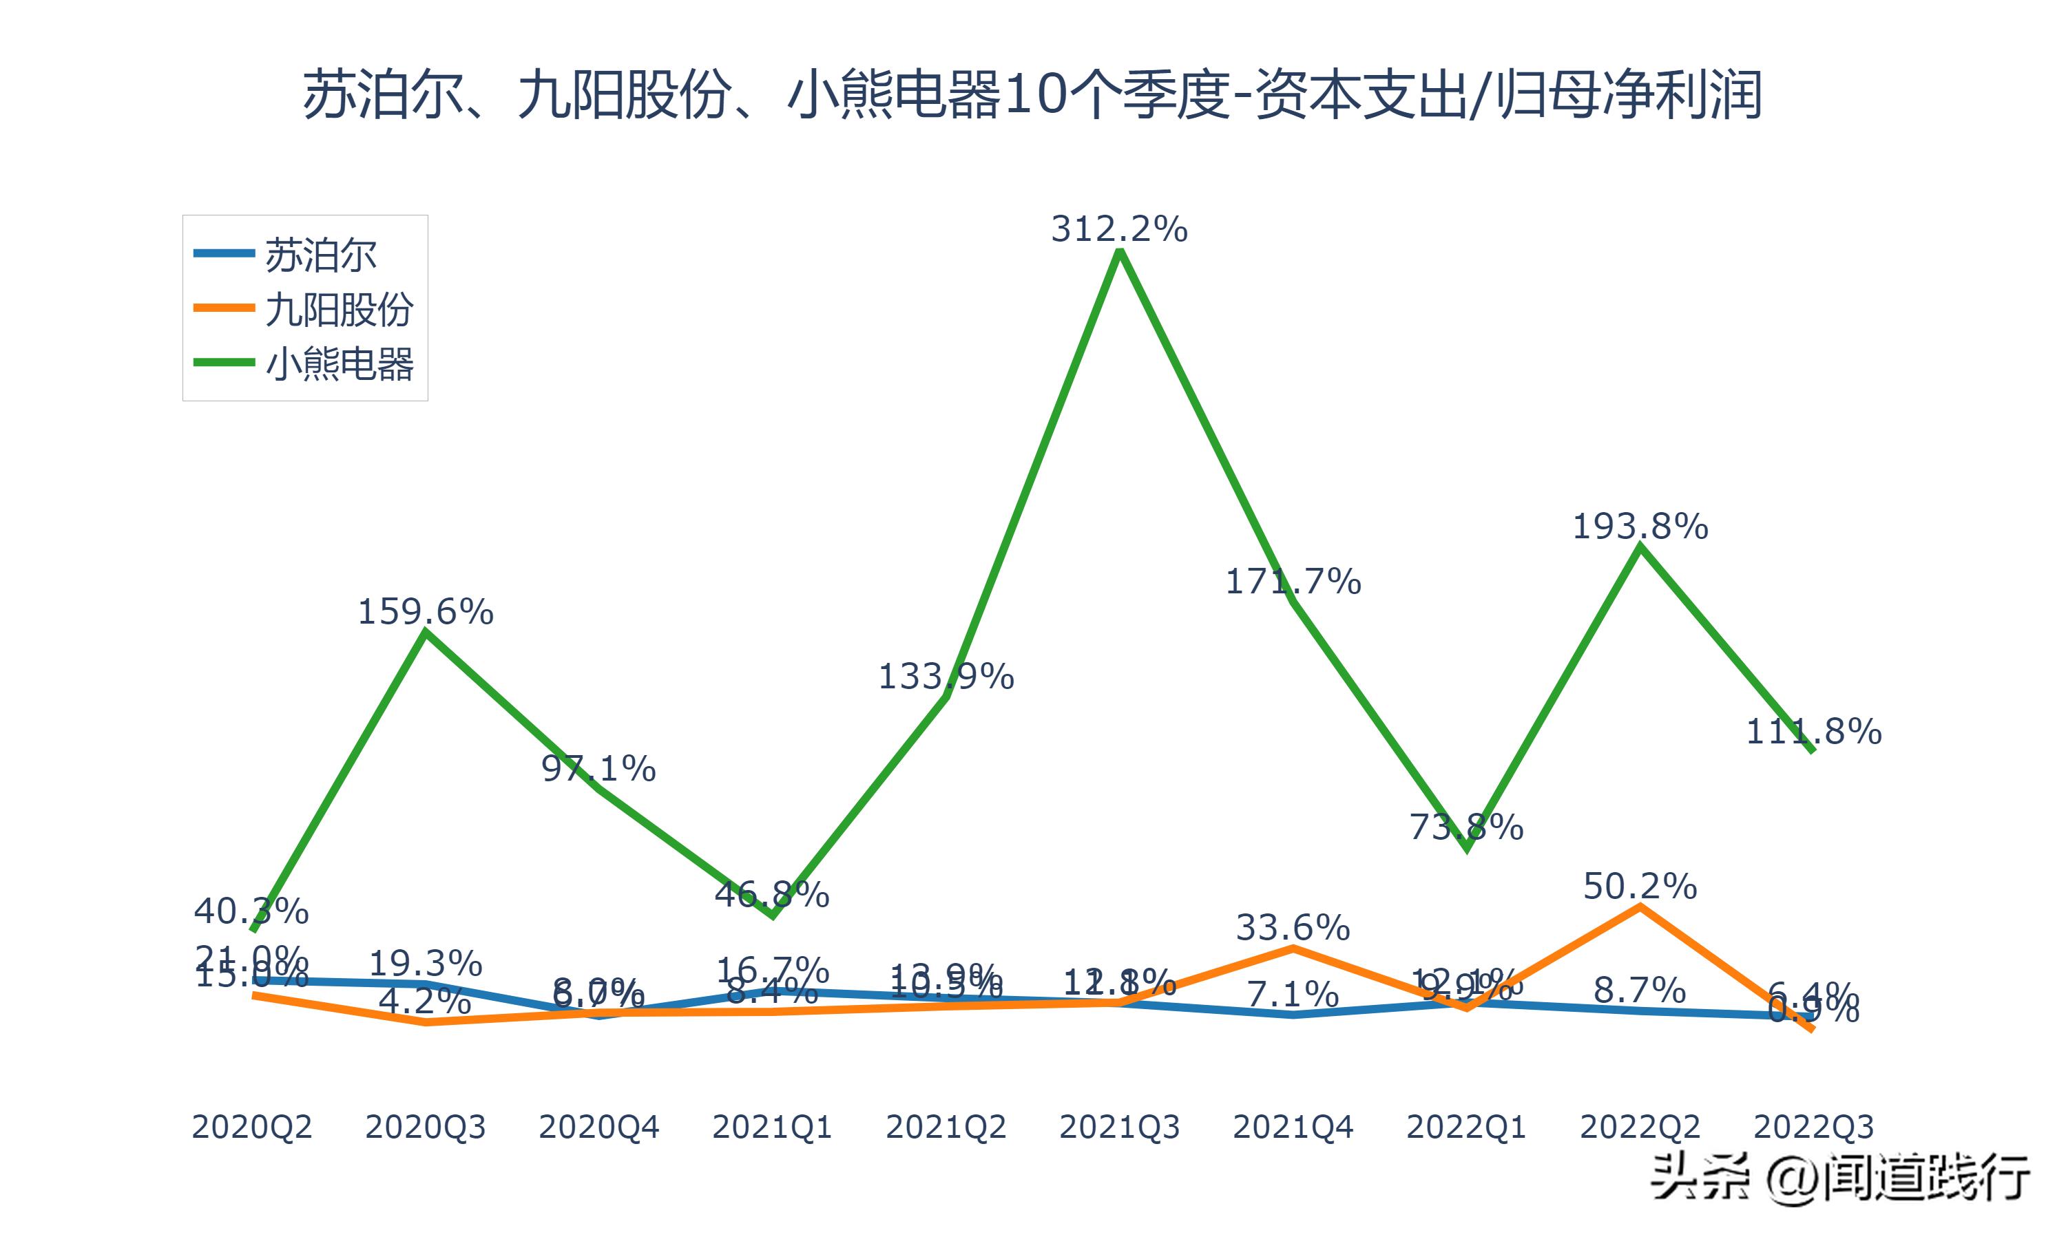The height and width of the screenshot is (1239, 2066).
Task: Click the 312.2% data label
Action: point(1118,229)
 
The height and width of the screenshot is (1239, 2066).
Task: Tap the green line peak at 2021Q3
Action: point(1119,251)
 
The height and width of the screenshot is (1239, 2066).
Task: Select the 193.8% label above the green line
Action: point(1640,526)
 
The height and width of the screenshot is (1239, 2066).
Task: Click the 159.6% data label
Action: point(425,612)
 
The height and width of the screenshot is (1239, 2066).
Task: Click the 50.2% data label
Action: point(1640,886)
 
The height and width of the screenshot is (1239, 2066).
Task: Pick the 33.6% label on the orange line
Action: point(1293,928)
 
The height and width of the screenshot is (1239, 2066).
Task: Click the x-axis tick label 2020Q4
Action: point(598,1127)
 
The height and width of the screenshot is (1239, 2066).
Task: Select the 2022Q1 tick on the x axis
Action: point(1466,1127)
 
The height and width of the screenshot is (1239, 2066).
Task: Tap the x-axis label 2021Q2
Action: point(946,1127)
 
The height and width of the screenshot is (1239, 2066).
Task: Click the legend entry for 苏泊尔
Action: point(321,255)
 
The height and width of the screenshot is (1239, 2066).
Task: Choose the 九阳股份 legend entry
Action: point(338,309)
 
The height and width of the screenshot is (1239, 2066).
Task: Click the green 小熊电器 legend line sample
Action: point(224,362)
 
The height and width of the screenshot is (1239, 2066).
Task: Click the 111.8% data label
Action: point(1814,732)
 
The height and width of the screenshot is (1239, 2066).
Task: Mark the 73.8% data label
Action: point(1466,827)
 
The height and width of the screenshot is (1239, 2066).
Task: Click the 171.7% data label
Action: point(1293,581)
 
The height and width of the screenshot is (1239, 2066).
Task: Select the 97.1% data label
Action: point(598,768)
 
